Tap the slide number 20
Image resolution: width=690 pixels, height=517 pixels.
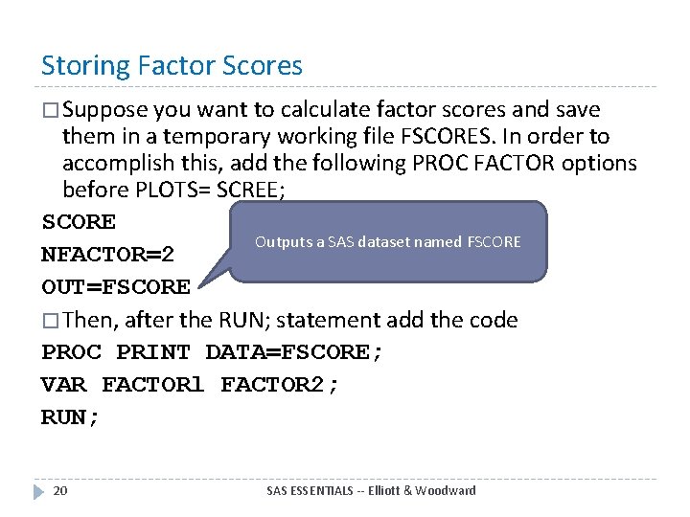pyautogui.click(x=60, y=490)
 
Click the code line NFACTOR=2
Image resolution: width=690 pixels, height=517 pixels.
pyautogui.click(x=107, y=255)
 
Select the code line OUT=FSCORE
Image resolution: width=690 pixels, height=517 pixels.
pyautogui.click(x=116, y=286)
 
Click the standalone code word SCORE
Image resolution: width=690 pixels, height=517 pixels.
pyautogui.click(x=79, y=222)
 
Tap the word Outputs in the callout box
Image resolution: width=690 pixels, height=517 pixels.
pyautogui.click(x=277, y=242)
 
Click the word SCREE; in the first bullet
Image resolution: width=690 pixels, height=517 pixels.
pyautogui.click(x=245, y=190)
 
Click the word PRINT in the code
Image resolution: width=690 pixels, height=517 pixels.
pyautogui.click(x=153, y=352)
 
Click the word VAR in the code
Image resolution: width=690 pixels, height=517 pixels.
pyautogui.click(x=63, y=385)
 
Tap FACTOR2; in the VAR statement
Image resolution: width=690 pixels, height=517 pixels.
pyautogui.click(x=280, y=385)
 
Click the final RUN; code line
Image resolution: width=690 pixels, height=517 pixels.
pyautogui.click(x=70, y=417)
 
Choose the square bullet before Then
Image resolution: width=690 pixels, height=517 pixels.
pyautogui.click(x=50, y=321)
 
